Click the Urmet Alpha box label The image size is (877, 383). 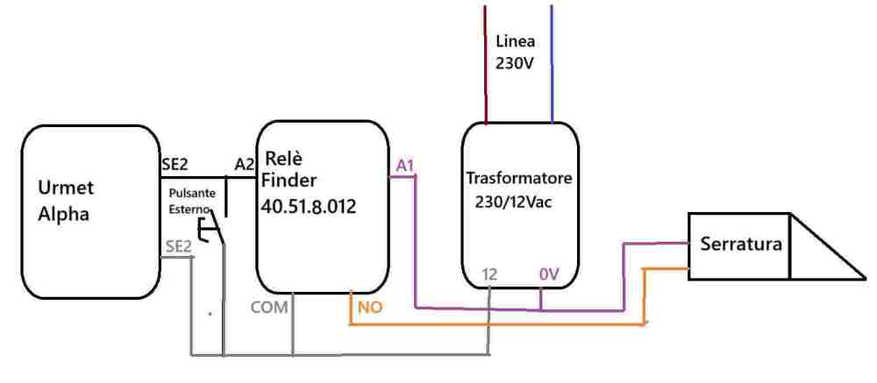coord(64,201)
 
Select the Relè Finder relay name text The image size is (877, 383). coord(289,169)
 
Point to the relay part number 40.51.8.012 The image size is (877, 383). coord(308,206)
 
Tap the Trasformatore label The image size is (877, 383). coord(519,179)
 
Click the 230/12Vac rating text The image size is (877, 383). coord(513,202)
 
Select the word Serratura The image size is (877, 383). coord(740,245)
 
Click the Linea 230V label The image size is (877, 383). coord(515,53)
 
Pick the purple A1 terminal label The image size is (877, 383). coord(405,166)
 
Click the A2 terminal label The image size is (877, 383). coord(244,165)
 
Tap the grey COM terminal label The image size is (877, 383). coord(268,307)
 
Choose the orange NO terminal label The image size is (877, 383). coord(370,307)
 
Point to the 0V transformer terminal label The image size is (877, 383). coord(549,274)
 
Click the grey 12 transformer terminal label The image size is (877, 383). coord(488,274)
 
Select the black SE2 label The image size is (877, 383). coord(175,165)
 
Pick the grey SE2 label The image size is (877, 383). coord(178,246)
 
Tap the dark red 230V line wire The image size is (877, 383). coord(485,64)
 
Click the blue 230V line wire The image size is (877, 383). coord(552,64)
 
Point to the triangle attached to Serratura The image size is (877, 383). coord(828,246)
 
